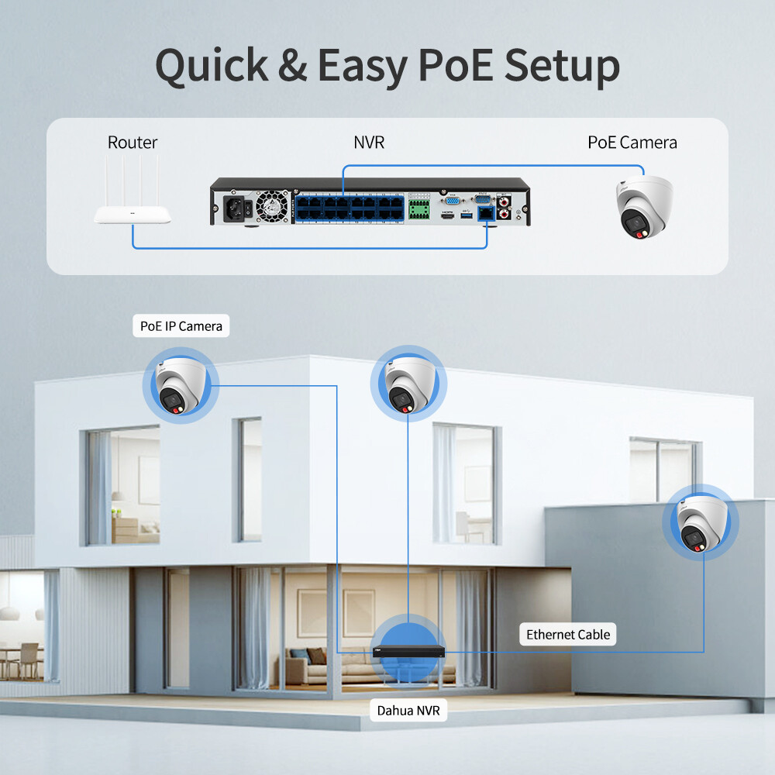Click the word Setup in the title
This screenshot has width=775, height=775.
coord(562,67)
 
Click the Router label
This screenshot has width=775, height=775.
coord(133,143)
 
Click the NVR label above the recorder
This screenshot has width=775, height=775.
coord(368,143)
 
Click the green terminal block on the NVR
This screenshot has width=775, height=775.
coord(419,208)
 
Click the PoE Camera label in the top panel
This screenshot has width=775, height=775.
coord(632,143)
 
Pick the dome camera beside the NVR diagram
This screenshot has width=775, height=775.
coord(644,205)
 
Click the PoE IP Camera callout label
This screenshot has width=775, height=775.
coord(181,326)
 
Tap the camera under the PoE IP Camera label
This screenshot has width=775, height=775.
coord(180,385)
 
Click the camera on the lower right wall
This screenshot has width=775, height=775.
coord(700,522)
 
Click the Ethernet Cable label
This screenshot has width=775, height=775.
coord(568,635)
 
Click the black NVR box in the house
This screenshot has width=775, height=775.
coord(409,650)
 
